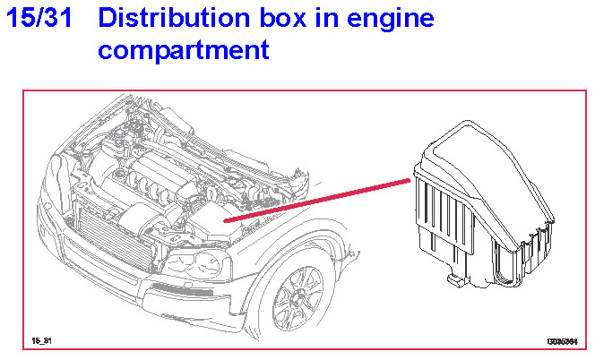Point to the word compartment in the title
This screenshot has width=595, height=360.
coord(183,50)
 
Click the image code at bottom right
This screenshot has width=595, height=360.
coord(561,341)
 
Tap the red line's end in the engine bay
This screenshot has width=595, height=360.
coord(226,219)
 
